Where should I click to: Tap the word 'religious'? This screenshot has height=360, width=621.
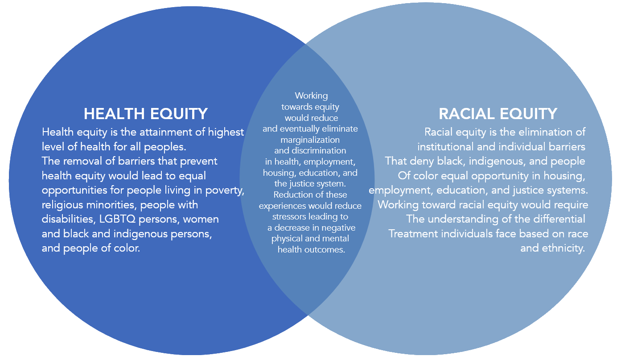click(x=62, y=205)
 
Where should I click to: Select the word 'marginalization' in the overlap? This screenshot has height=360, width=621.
click(x=310, y=140)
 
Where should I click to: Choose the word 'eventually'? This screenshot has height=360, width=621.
click(x=301, y=129)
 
